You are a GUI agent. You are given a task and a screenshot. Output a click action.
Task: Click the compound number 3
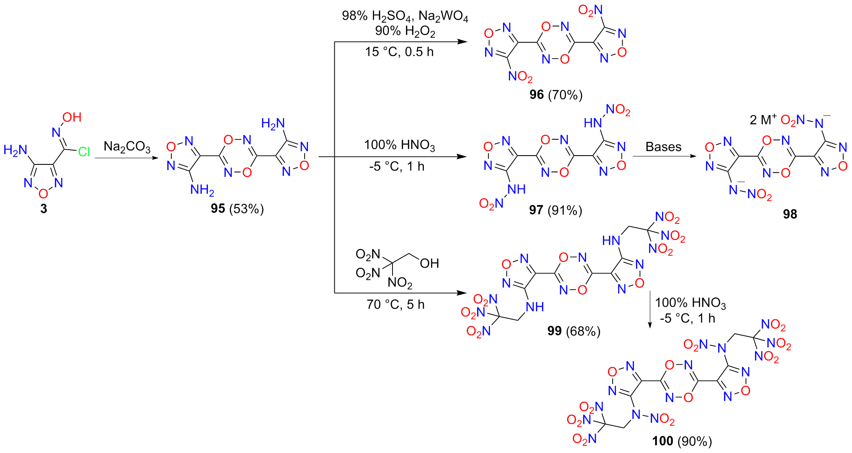point(44,209)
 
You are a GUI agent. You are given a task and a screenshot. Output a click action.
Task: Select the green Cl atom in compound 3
point(84,151)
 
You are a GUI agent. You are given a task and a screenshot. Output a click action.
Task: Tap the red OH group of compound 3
point(72,117)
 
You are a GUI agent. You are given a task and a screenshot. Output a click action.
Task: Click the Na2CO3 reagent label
point(127,147)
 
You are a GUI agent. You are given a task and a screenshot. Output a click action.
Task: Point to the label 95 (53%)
point(237,208)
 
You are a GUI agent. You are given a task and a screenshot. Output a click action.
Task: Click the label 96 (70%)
point(556,95)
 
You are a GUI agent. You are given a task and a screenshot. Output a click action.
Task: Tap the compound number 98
point(790,214)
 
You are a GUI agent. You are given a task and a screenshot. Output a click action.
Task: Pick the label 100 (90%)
point(682,441)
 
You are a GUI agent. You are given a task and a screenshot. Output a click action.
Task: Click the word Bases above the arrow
point(663,147)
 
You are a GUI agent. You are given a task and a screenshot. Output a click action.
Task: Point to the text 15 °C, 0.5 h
point(399,52)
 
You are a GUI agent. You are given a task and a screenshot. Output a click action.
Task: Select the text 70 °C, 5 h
point(395,304)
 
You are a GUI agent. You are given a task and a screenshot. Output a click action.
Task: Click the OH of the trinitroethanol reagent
point(429,263)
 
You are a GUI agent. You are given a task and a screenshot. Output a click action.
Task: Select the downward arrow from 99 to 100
point(649,310)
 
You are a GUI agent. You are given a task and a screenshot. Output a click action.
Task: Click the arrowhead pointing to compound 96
point(462,42)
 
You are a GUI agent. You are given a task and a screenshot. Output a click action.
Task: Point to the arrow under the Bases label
point(665,156)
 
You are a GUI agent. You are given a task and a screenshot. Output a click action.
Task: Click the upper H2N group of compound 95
point(273,123)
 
